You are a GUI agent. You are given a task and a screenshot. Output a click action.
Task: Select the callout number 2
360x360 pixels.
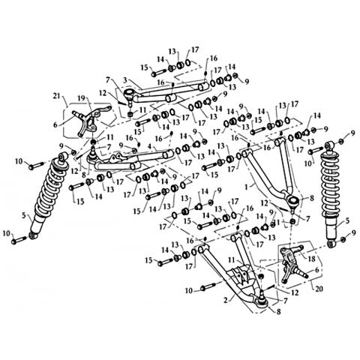226,300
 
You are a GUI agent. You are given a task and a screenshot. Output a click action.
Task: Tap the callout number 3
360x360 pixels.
126,80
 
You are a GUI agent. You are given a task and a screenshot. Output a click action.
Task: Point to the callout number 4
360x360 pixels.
149,145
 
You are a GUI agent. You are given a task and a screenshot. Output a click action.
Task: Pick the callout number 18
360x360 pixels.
312,259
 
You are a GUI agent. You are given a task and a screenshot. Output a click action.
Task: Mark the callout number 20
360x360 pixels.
319,289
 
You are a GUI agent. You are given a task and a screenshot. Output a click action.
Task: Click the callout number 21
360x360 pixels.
57,95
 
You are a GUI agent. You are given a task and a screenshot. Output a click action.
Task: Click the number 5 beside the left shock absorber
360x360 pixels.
24,215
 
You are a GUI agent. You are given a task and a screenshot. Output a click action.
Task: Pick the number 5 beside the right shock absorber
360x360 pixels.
346,220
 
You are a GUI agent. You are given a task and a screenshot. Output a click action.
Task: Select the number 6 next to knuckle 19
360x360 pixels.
55,124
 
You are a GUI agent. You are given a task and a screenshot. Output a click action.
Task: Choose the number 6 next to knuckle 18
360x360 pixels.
317,269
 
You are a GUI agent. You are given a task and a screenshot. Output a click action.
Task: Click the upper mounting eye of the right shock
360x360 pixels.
330,145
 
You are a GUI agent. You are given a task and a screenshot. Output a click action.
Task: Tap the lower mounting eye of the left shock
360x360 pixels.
33,235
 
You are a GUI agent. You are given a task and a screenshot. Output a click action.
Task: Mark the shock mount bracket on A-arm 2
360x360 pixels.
239,277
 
